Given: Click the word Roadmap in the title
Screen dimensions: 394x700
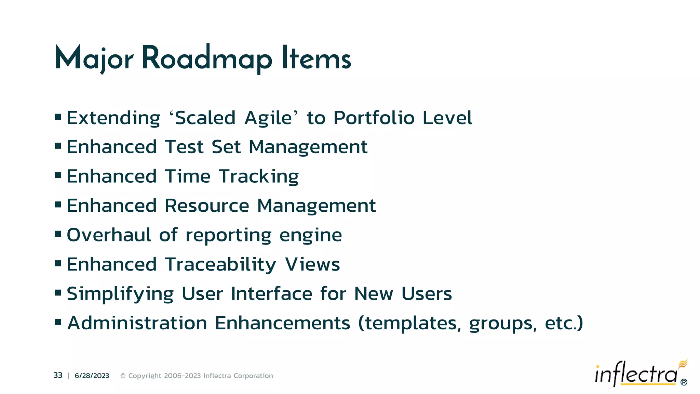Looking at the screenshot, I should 207,59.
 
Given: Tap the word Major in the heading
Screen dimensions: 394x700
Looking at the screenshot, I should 94,59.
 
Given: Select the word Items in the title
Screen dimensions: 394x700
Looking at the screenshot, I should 316,59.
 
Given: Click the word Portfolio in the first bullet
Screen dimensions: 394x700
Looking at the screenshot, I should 374,118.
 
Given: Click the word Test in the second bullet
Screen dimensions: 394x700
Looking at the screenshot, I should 185,147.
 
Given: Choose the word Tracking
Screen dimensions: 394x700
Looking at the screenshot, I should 259,177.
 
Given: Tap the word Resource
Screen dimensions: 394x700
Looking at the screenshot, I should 207,206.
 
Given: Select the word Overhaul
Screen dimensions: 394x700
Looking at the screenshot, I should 109,235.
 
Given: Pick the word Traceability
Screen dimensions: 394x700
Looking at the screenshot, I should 220,265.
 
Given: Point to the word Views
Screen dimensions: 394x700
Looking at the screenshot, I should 312,264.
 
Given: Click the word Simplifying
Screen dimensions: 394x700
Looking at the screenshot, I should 120,294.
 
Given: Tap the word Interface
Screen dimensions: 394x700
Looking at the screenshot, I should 271,294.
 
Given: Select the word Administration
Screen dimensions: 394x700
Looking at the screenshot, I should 137,323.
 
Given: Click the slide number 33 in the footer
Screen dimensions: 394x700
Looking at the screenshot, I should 58,376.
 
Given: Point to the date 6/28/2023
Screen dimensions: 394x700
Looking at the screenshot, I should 92,376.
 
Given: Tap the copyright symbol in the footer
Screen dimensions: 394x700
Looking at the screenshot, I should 123,376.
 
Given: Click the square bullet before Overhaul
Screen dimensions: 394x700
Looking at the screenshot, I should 58,234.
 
